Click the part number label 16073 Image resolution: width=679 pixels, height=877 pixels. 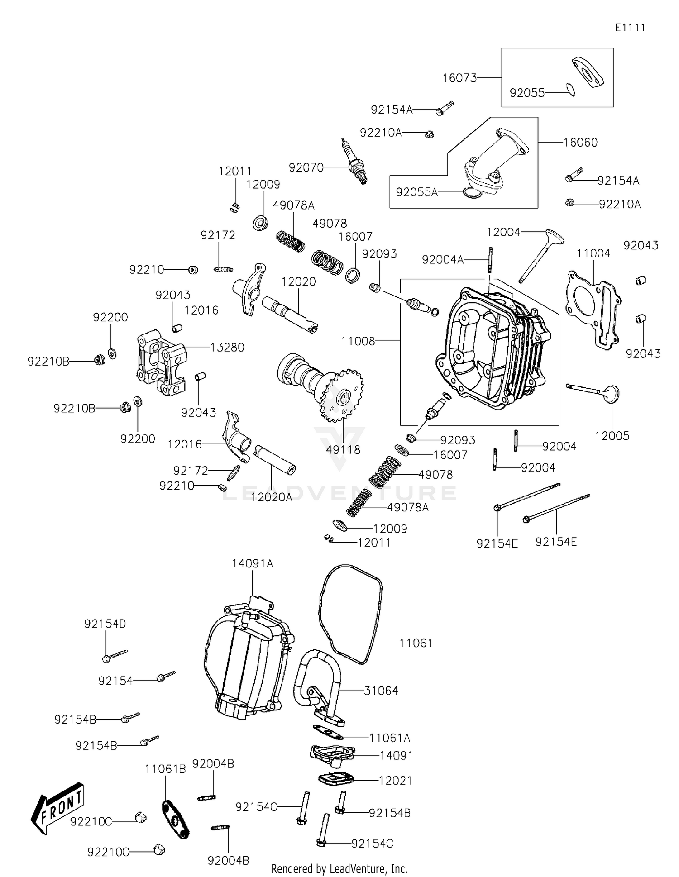[x=459, y=78]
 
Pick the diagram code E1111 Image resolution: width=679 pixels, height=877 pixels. [x=630, y=28]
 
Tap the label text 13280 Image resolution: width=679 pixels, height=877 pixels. [x=227, y=347]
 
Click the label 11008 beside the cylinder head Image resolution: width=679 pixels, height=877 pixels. [x=358, y=341]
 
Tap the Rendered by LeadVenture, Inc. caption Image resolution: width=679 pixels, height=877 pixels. [x=339, y=868]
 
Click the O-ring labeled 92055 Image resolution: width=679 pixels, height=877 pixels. [x=571, y=90]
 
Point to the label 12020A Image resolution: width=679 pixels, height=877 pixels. [x=272, y=497]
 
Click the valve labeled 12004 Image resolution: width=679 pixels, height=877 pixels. [x=541, y=256]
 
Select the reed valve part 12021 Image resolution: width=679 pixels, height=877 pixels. [x=335, y=779]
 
